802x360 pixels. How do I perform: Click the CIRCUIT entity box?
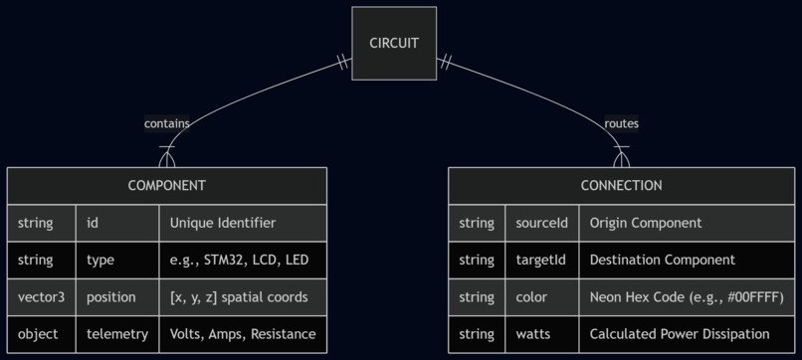click(394, 43)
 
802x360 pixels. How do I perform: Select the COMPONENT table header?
click(166, 185)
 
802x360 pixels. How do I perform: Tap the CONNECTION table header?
click(621, 185)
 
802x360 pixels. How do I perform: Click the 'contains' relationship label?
click(166, 123)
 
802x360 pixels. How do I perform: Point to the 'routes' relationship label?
click(621, 123)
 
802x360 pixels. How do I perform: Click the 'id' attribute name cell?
click(116, 223)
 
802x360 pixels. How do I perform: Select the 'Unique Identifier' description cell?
click(242, 223)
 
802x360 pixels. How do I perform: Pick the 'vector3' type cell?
click(41, 297)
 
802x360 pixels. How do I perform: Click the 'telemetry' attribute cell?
click(116, 334)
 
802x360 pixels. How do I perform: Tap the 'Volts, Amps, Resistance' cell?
click(242, 334)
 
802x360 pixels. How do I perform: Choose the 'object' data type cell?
click(41, 334)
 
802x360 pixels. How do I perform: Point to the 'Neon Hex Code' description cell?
click(687, 297)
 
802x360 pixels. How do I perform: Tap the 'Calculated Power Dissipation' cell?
click(687, 334)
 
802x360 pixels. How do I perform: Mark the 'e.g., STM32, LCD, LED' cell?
click(242, 260)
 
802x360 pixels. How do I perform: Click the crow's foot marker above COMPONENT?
click(166, 156)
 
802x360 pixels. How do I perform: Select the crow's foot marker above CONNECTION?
click(622, 156)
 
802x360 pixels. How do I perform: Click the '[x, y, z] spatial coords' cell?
click(242, 297)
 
